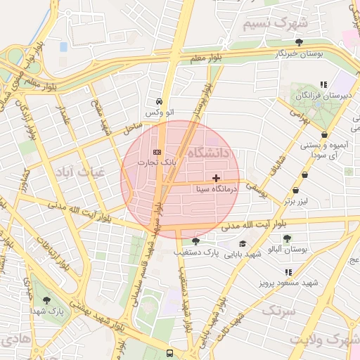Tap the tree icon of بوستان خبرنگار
tap(300, 42)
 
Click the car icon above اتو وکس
tap(160, 101)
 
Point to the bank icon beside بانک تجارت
tap(157, 152)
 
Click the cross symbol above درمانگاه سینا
tap(215, 178)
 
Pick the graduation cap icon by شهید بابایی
tap(243, 243)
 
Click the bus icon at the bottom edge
tap(169, 353)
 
